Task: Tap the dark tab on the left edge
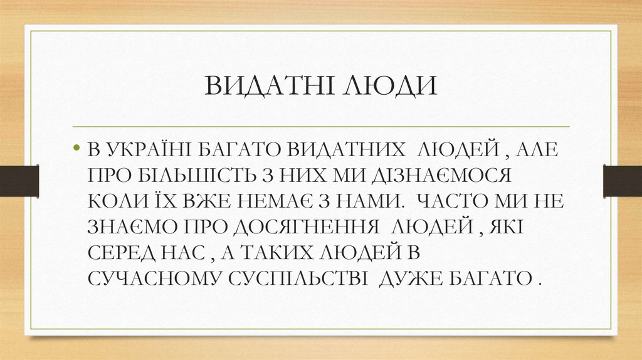point(19,179)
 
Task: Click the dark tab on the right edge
point(622,179)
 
